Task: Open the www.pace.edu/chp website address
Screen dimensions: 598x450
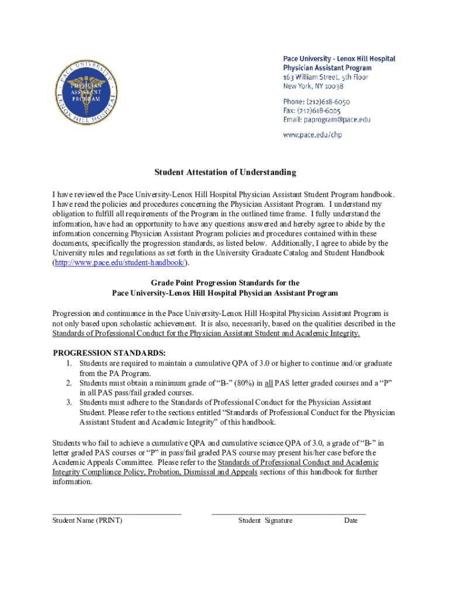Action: click(x=312, y=134)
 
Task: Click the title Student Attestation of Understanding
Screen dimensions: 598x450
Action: click(x=225, y=172)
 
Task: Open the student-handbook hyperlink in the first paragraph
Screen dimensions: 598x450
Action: click(x=120, y=263)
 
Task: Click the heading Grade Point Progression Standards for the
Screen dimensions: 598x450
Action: click(x=225, y=283)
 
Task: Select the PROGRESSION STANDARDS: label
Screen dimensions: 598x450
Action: click(x=109, y=353)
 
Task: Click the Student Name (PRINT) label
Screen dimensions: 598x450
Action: click(x=87, y=520)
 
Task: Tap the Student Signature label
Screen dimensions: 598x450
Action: click(x=265, y=520)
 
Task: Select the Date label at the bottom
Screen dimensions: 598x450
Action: click(x=351, y=520)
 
